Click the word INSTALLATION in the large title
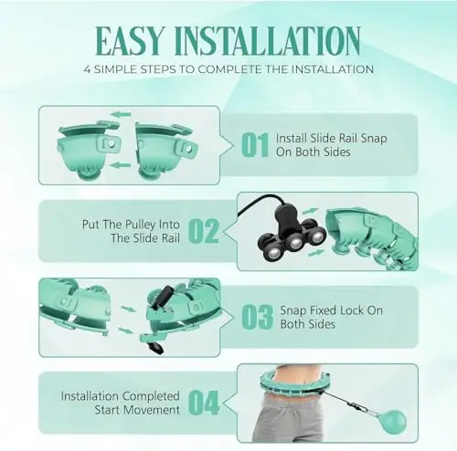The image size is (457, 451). pos(268,41)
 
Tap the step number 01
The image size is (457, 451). pos(255,145)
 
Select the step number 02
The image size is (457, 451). pos(204,231)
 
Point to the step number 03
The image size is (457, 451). pos(258,317)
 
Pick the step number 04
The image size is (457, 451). pos(204,403)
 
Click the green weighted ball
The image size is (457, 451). pos(392,422)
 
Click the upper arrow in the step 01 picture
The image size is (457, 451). pos(121,115)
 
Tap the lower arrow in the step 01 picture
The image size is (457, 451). pos(120,165)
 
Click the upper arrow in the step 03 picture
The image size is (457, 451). pos(128,309)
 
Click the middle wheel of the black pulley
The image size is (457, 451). pos(294,243)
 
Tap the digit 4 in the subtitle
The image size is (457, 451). pos(88,69)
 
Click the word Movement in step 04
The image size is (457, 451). pos(154,410)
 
